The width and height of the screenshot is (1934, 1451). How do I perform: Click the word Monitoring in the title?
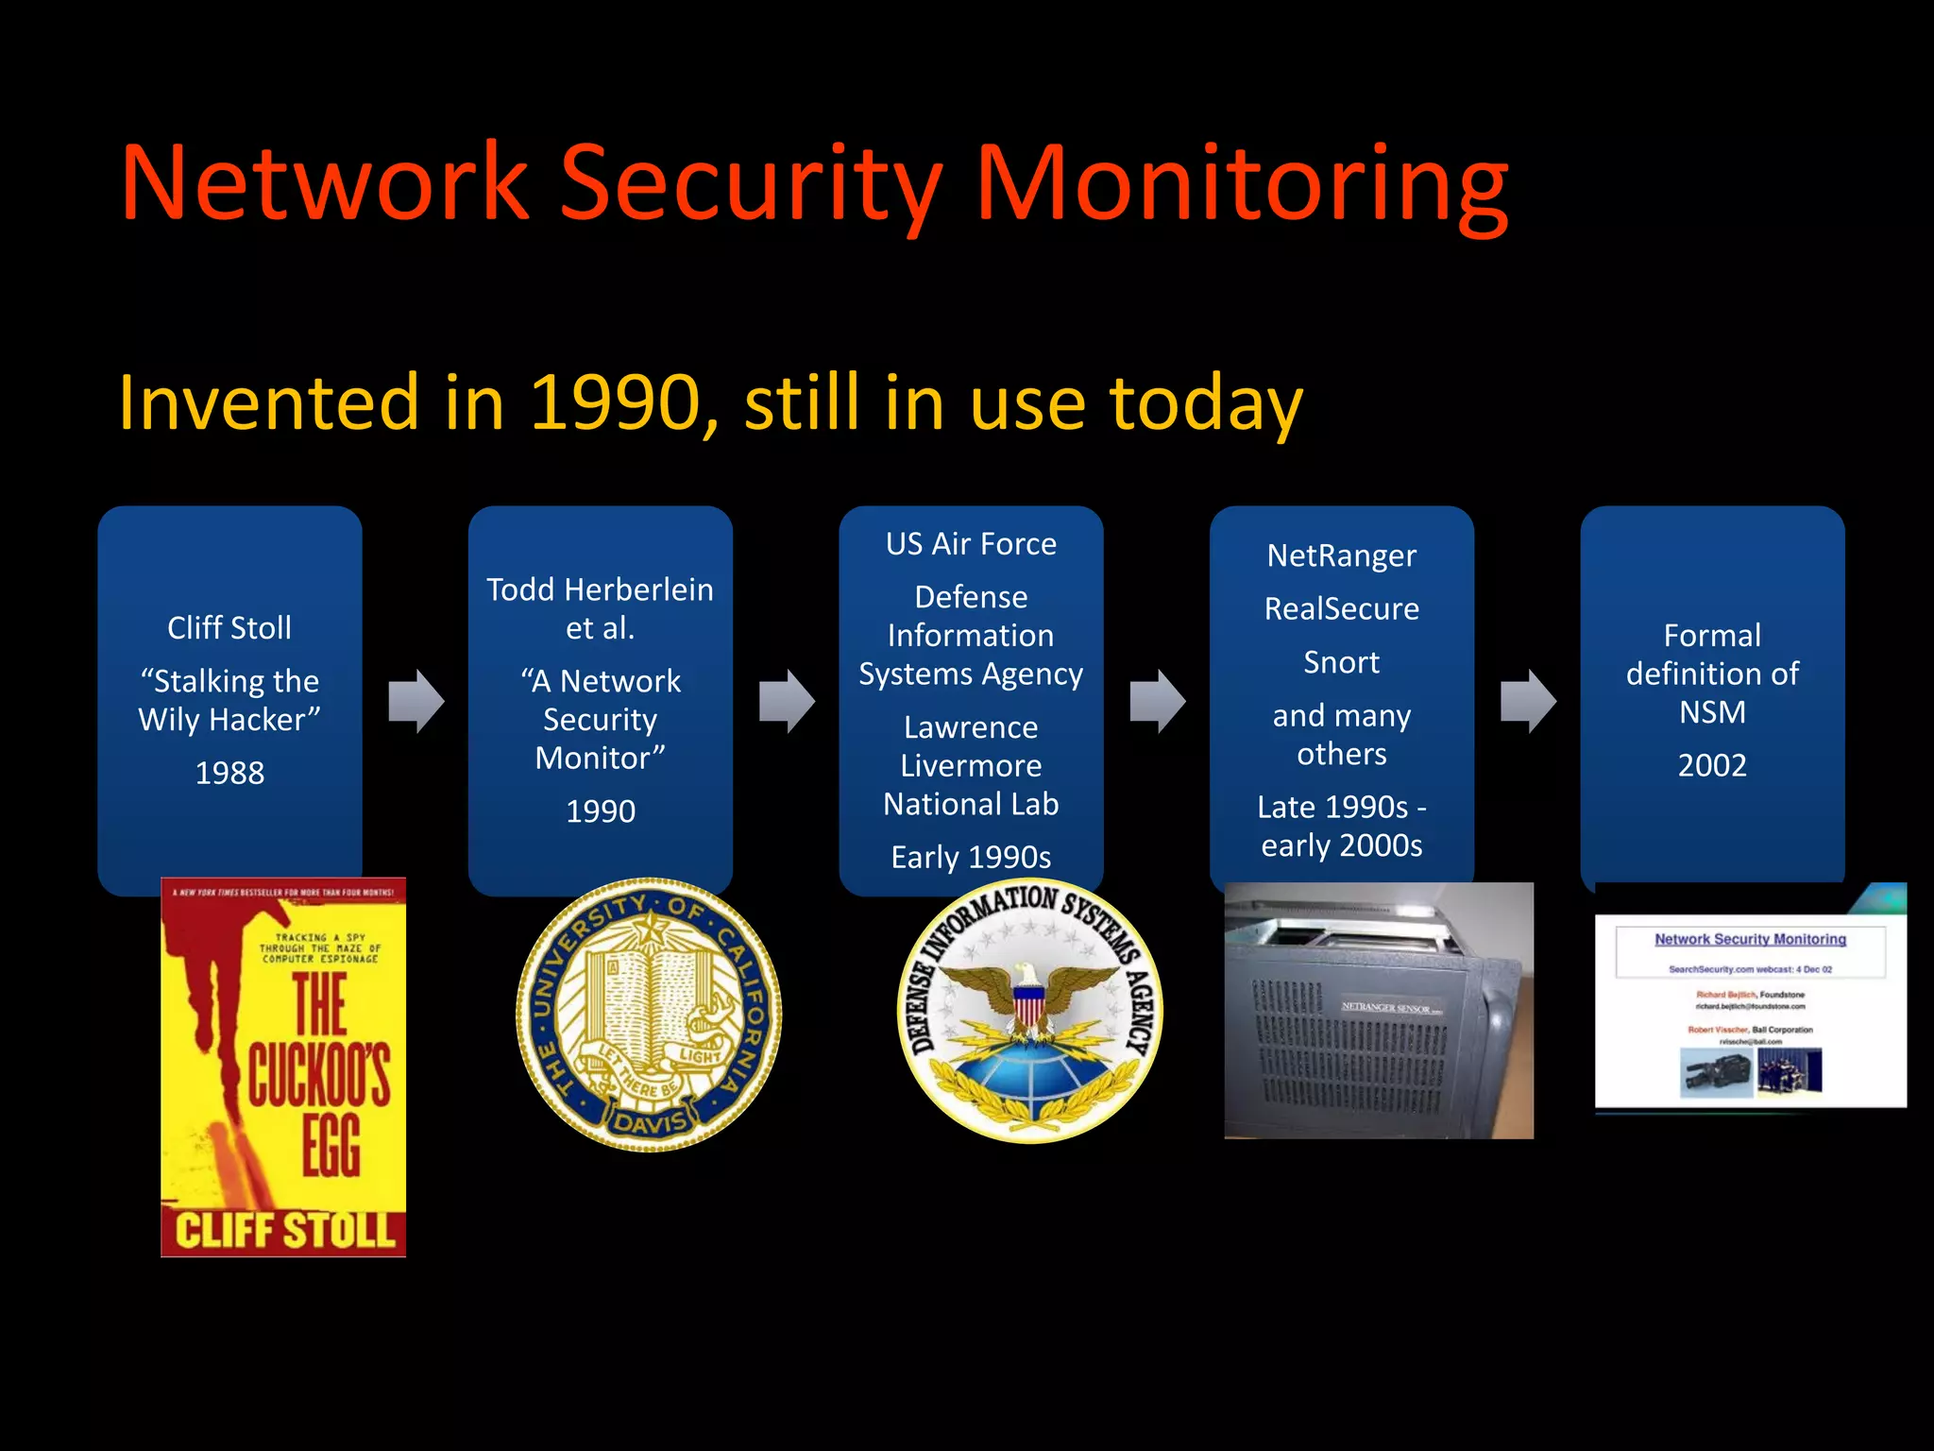pos(1241,184)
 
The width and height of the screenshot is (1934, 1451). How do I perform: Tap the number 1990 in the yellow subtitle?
pos(614,403)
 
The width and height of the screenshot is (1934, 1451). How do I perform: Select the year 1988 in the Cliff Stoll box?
pos(229,773)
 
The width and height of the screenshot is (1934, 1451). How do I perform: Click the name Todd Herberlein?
pos(600,589)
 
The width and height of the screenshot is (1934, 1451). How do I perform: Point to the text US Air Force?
pos(971,544)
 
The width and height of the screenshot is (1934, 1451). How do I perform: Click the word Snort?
pos(1341,662)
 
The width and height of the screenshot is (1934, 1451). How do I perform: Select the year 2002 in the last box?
pos(1712,764)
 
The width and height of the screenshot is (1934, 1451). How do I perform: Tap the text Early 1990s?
pos(971,857)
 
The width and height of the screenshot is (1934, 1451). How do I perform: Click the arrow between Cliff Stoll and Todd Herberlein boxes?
pos(416,702)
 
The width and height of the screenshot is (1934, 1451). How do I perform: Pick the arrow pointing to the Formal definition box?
pos(1528,702)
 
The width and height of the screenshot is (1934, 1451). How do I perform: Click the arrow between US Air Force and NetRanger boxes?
pos(1158,702)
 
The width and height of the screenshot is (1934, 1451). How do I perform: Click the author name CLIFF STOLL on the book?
pos(283,1231)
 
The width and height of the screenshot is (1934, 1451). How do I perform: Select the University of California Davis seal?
pos(650,1014)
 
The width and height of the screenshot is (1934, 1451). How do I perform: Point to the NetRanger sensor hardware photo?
pos(1379,1011)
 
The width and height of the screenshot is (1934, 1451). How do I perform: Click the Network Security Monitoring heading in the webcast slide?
pos(1750,939)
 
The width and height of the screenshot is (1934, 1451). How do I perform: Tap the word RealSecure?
pos(1341,609)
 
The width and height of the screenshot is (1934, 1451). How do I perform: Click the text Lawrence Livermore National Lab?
pos(971,765)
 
